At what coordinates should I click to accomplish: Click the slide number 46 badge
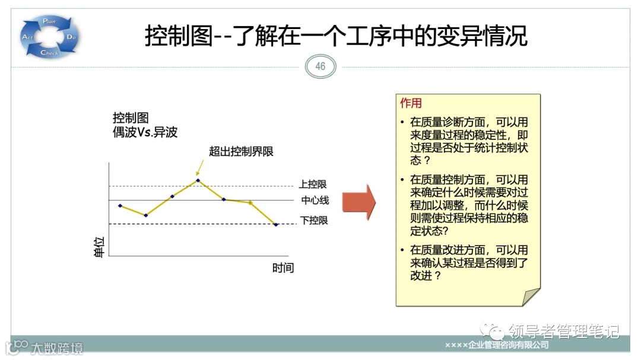(x=320, y=66)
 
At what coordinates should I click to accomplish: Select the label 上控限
(x=313, y=184)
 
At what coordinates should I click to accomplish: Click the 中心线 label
(x=315, y=200)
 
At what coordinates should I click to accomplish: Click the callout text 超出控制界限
(x=241, y=151)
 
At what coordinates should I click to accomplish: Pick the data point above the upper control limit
(x=198, y=180)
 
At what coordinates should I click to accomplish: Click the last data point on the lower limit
(x=276, y=224)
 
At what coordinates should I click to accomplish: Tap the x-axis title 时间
(x=283, y=267)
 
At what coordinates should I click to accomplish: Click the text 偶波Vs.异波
(x=145, y=132)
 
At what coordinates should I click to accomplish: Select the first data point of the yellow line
(x=120, y=206)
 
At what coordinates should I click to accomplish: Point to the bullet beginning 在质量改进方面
(x=469, y=263)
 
